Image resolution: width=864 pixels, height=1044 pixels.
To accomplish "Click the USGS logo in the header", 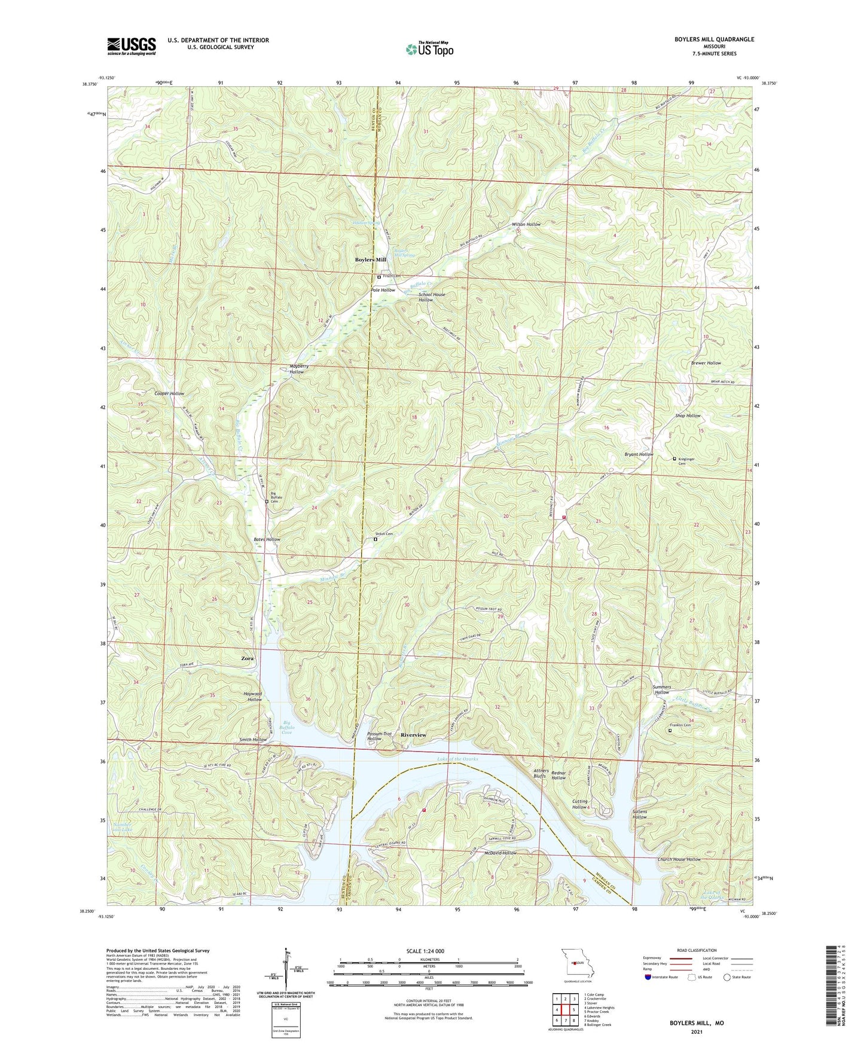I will pyautogui.click(x=132, y=46).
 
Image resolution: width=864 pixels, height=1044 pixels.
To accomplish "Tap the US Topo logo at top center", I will pyautogui.click(x=429, y=48).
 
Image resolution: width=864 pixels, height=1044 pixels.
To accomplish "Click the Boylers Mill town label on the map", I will pyautogui.click(x=371, y=260).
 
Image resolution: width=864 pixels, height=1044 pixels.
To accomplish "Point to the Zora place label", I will pyautogui.click(x=247, y=658).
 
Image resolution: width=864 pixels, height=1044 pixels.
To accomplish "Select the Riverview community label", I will pyautogui.click(x=413, y=735).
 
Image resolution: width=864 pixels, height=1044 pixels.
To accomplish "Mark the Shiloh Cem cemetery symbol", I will pyautogui.click(x=375, y=539).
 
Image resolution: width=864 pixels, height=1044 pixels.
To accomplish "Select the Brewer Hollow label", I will pyautogui.click(x=706, y=363).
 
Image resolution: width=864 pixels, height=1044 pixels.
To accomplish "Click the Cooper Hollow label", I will pyautogui.click(x=169, y=393).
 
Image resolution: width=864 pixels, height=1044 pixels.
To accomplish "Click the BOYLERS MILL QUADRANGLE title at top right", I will pyautogui.click(x=706, y=39).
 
